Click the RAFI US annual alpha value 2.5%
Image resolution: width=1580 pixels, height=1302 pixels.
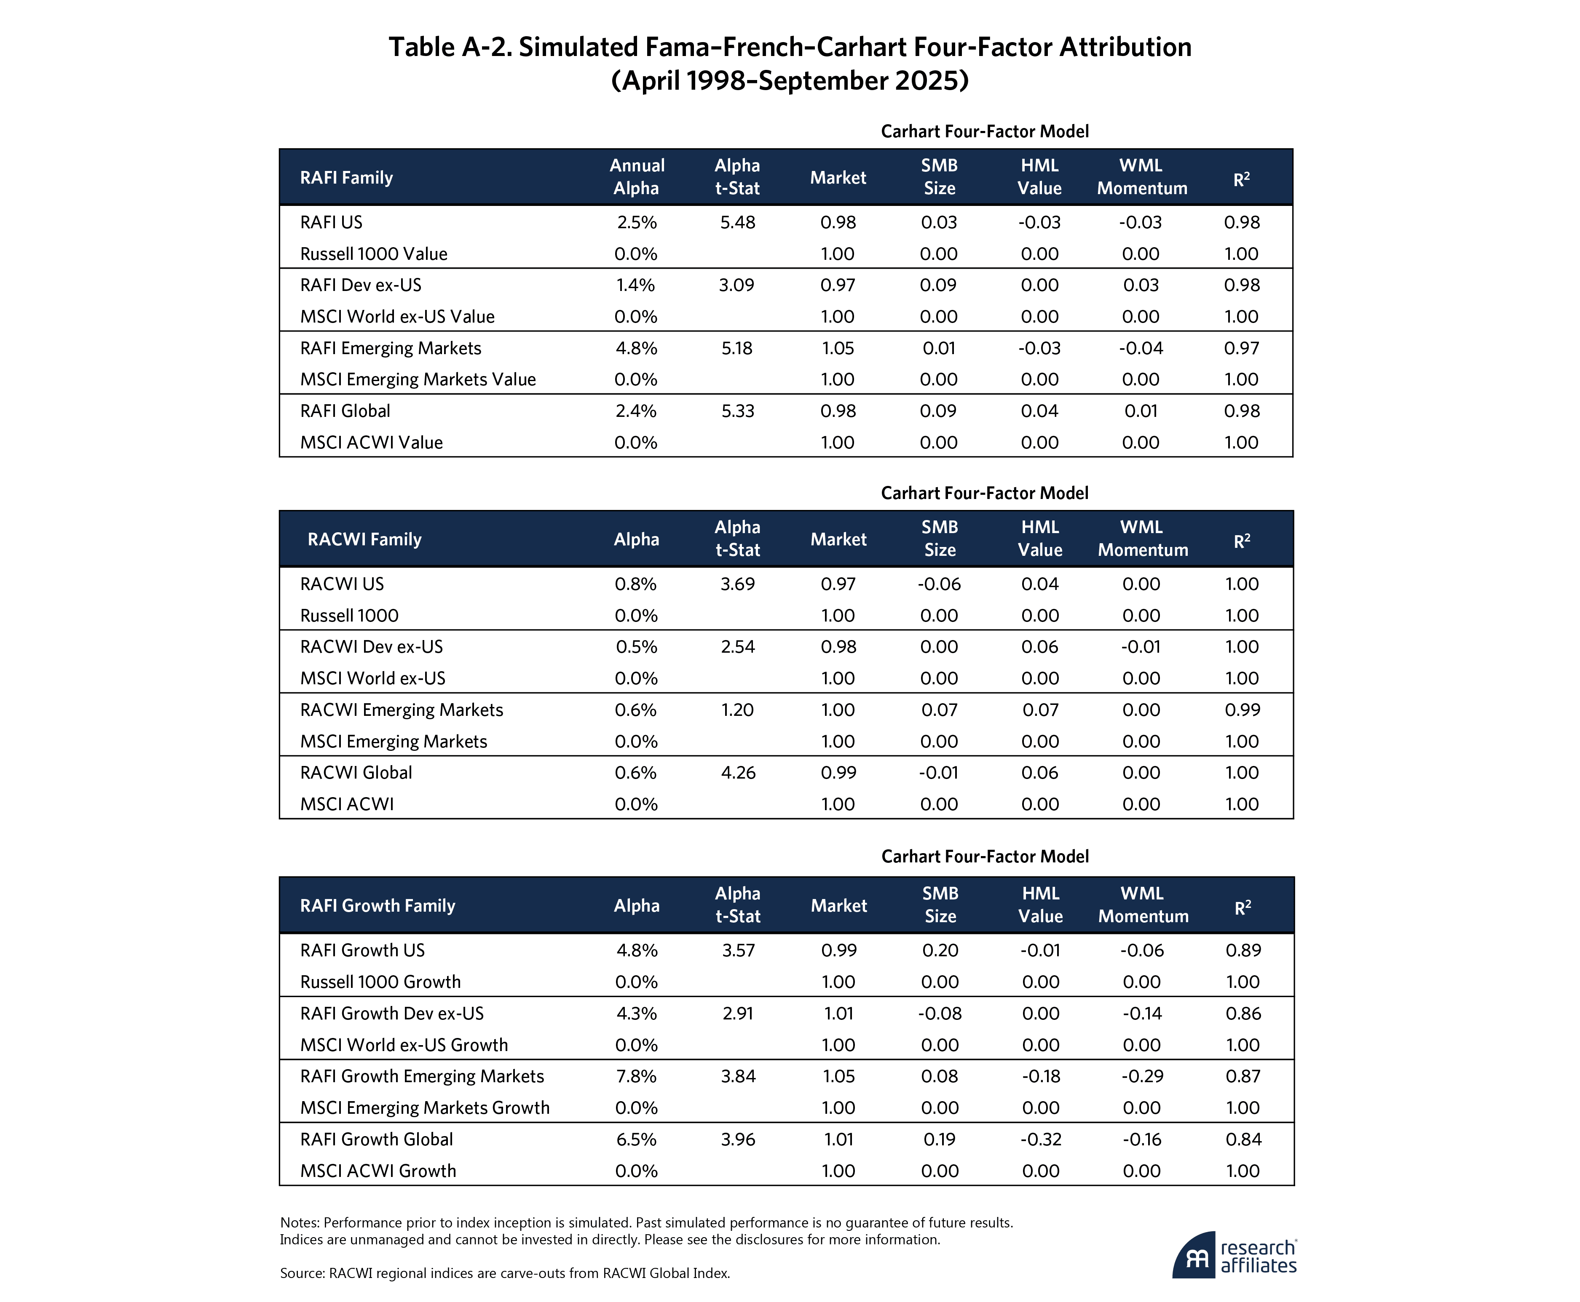(x=635, y=223)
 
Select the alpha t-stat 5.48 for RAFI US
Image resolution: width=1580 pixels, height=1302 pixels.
(x=737, y=223)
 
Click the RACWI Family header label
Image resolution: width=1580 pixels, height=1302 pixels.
(x=364, y=539)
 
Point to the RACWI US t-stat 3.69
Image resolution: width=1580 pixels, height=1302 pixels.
(x=737, y=584)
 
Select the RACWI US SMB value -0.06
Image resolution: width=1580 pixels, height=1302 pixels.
(x=939, y=584)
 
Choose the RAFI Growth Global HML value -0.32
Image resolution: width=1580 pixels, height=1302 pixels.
(x=1040, y=1140)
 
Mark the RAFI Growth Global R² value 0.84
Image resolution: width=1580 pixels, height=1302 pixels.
(x=1243, y=1140)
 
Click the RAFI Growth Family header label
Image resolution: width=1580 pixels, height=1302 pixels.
(x=378, y=906)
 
